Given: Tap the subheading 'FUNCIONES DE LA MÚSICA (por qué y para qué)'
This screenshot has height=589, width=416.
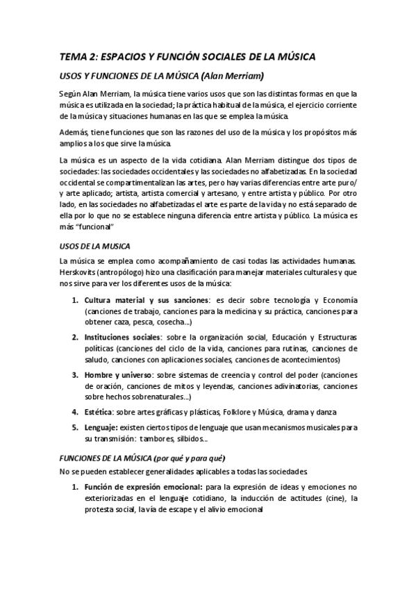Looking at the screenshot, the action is [x=142, y=458].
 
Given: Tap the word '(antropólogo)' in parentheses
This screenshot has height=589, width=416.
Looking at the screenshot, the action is [x=126, y=272].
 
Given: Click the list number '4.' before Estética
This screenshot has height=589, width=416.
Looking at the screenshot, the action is [x=76, y=411].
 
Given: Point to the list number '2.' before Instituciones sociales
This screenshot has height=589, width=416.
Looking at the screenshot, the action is [x=76, y=337].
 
